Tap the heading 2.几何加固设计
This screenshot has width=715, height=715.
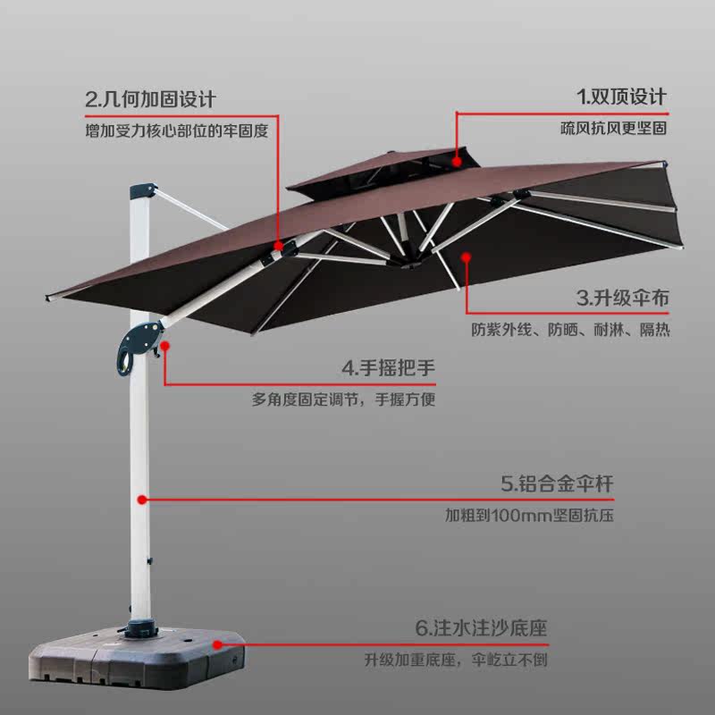(150, 97)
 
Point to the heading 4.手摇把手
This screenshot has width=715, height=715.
(389, 367)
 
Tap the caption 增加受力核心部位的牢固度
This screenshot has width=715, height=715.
(176, 130)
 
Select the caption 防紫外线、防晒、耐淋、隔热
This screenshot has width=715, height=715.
(570, 330)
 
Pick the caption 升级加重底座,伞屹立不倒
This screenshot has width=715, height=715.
(455, 660)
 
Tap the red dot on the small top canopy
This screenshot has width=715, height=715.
(457, 163)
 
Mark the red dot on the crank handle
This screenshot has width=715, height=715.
(164, 343)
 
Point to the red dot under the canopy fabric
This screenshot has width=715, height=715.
(466, 257)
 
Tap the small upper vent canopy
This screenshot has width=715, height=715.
(384, 172)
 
